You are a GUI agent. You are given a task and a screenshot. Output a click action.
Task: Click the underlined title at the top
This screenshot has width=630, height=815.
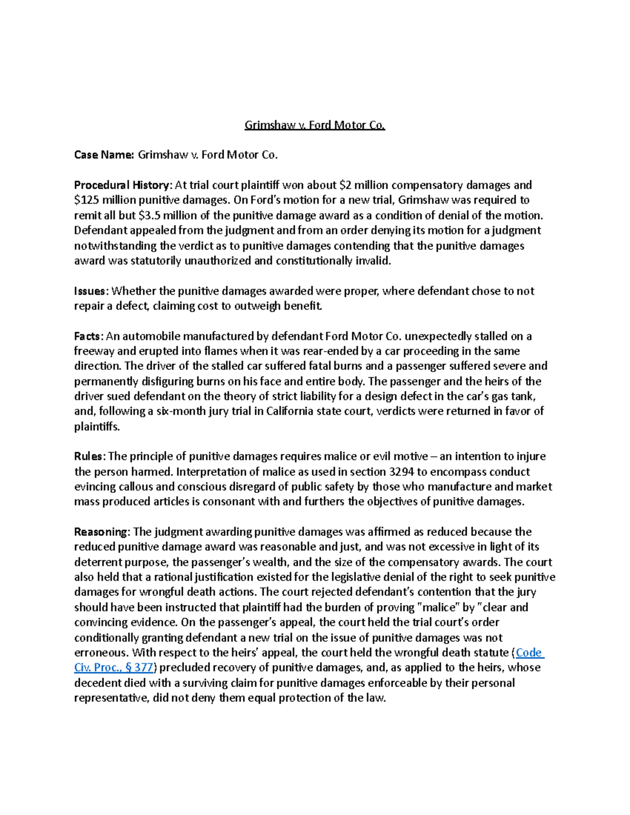314,125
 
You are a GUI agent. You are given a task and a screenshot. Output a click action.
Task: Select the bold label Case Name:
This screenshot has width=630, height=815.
104,155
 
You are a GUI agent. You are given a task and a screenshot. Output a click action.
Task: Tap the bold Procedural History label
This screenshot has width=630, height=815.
122,185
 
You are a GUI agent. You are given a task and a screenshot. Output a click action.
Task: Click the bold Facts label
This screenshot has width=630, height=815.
89,336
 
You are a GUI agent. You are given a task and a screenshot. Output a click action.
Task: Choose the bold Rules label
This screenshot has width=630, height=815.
90,457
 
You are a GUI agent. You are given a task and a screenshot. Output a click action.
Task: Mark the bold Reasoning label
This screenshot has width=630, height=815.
101,532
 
